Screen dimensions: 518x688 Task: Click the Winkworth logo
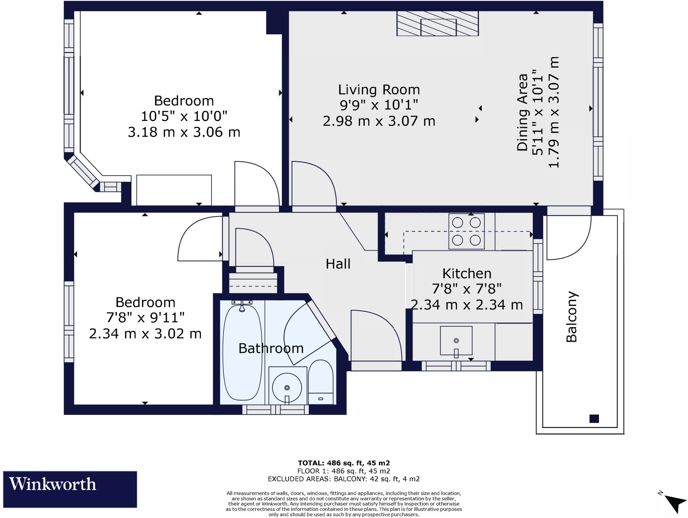[70, 489]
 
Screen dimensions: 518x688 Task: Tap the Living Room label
[379, 90]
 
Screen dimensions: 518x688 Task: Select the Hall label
[338, 264]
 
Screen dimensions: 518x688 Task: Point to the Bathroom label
[271, 348]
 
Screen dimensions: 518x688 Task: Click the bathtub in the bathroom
[242, 353]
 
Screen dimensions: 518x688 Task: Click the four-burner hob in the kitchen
[466, 231]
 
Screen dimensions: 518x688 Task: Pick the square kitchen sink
[456, 340]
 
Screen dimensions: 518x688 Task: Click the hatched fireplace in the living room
[438, 24]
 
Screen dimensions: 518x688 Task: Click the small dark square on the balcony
[594, 419]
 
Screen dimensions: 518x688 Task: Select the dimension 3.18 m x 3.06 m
[184, 132]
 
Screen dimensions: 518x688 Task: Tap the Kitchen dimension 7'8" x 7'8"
[467, 289]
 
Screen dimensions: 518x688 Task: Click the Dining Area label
[522, 113]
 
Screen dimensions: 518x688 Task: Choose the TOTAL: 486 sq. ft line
[344, 463]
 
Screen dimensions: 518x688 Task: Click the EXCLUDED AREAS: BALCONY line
[344, 479]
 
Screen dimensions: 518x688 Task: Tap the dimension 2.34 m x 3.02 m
[145, 334]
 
